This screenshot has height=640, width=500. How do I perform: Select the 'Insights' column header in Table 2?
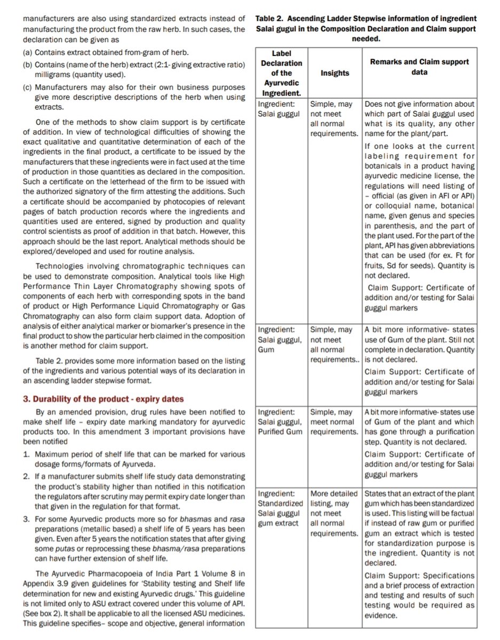335,73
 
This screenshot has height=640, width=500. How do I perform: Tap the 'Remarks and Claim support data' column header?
419,67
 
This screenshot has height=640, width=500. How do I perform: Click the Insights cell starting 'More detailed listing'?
334,514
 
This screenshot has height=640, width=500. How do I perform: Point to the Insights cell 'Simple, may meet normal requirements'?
334,421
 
